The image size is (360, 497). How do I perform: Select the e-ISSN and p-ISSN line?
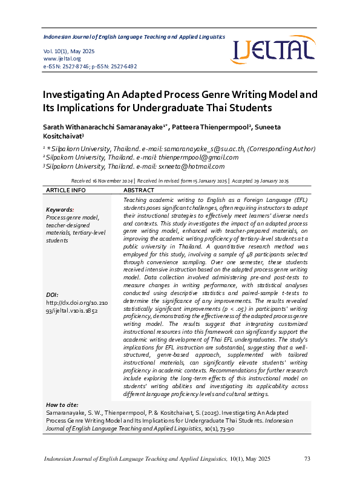(x=90, y=67)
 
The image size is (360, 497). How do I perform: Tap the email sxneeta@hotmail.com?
(x=191, y=167)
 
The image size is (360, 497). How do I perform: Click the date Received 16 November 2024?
(x=102, y=181)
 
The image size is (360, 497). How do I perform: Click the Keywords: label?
(x=60, y=210)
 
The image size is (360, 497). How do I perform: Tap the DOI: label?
(x=53, y=295)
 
